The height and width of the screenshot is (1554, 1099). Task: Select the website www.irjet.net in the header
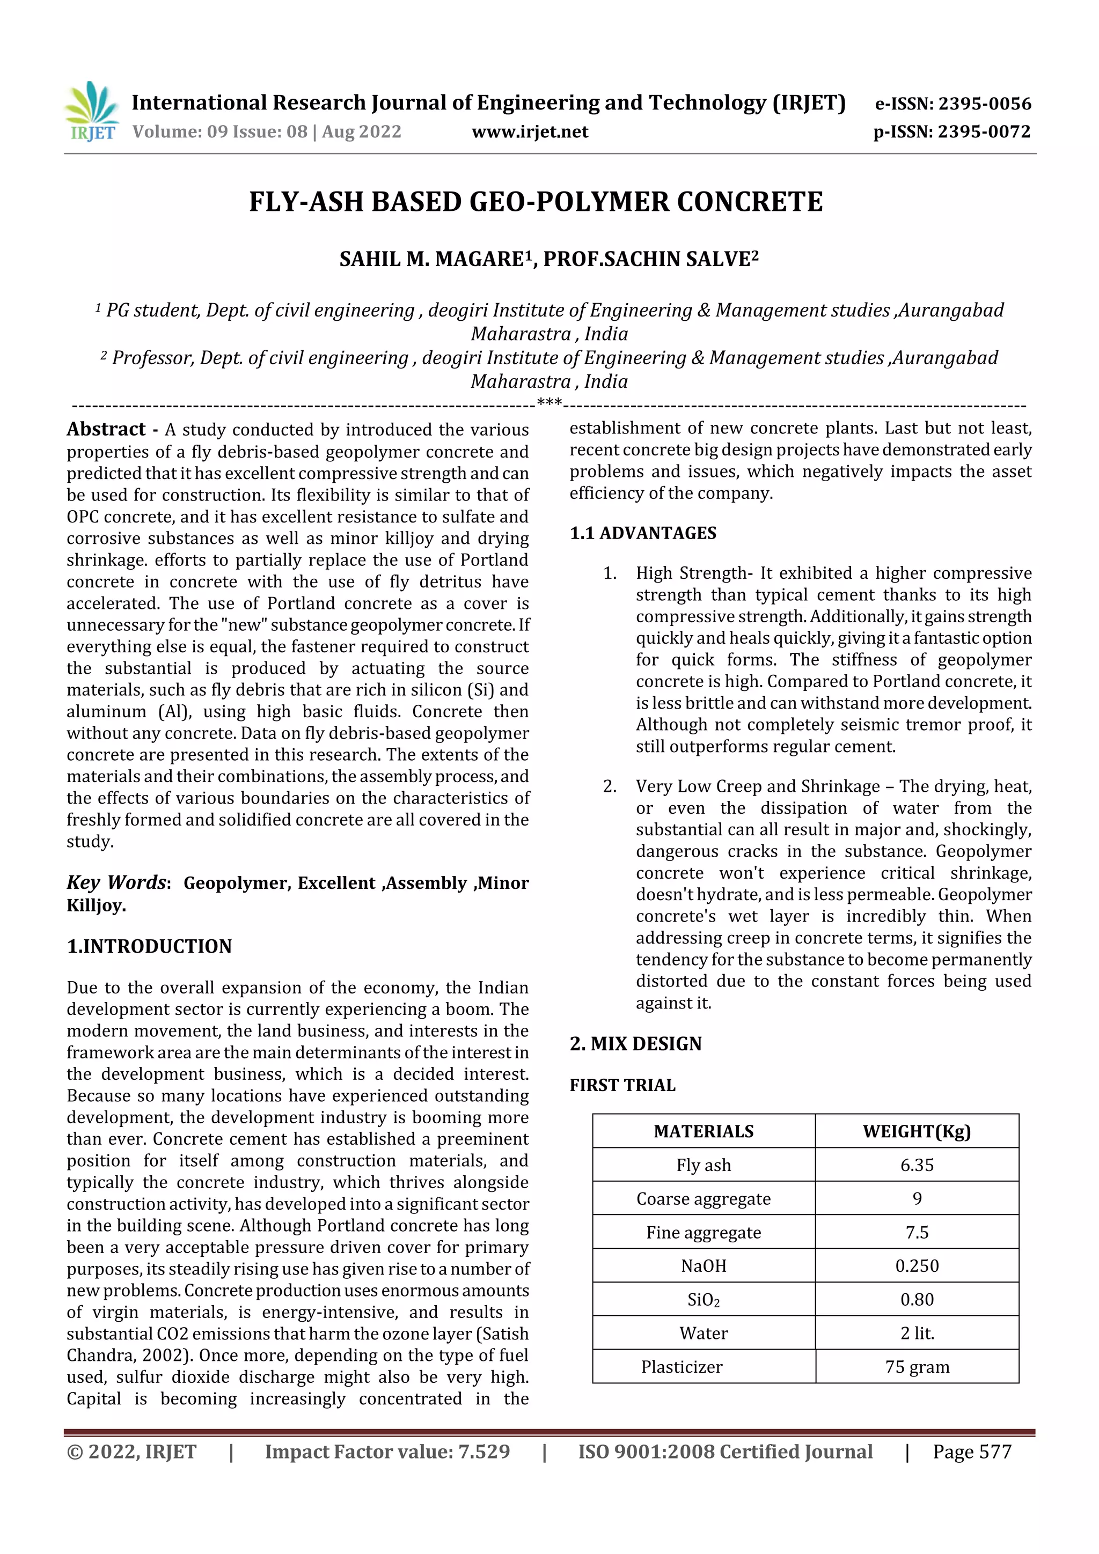click(530, 131)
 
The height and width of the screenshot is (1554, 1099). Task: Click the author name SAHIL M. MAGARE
click(431, 259)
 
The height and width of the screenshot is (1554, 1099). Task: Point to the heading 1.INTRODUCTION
click(149, 946)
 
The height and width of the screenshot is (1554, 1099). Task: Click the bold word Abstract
click(106, 429)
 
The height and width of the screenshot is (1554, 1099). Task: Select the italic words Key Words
click(116, 882)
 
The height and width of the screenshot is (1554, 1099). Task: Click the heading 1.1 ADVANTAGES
click(643, 533)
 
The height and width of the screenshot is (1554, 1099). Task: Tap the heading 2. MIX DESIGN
click(635, 1044)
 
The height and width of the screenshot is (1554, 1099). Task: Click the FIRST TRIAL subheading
click(622, 1085)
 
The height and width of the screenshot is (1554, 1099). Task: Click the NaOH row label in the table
click(704, 1265)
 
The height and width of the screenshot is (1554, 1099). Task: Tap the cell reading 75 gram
click(917, 1366)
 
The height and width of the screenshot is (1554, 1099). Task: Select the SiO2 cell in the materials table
click(704, 1300)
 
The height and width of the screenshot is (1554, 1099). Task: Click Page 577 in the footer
click(972, 1452)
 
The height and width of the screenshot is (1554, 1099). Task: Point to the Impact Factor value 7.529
click(483, 1452)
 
